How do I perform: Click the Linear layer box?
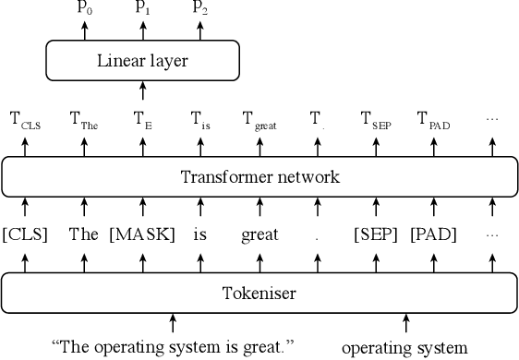click(x=142, y=62)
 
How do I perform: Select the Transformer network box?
click(x=259, y=176)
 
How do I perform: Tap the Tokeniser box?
click(x=259, y=294)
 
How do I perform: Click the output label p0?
click(x=84, y=8)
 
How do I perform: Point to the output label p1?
click(x=142, y=8)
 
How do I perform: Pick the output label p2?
click(x=199, y=8)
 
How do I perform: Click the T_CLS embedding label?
click(x=25, y=119)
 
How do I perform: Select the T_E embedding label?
click(x=142, y=119)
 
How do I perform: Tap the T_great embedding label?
click(x=259, y=119)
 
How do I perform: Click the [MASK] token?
click(x=142, y=234)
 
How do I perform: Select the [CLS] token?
click(x=25, y=234)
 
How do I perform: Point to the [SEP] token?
click(x=375, y=234)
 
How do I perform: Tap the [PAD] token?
click(x=433, y=234)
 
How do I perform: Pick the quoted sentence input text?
click(x=173, y=348)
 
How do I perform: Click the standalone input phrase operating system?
click(x=404, y=348)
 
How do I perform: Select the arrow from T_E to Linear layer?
click(x=142, y=90)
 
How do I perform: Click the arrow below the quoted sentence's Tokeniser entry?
click(x=173, y=323)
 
